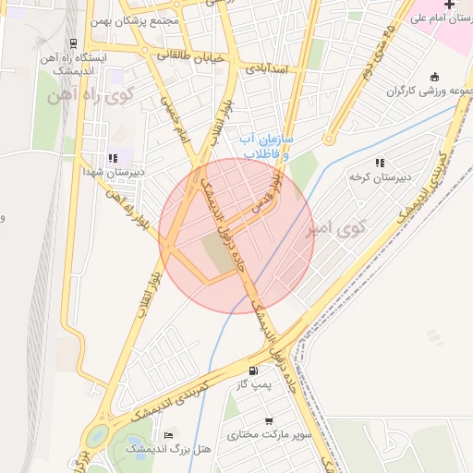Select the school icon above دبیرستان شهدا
point(113,158)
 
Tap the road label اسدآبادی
point(268,69)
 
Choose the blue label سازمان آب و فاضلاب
point(265,146)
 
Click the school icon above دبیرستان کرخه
point(380,163)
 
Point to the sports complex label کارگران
point(427,91)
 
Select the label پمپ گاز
point(252,384)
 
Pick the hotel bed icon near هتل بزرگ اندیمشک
point(168,435)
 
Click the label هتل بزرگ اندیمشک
point(171,449)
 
